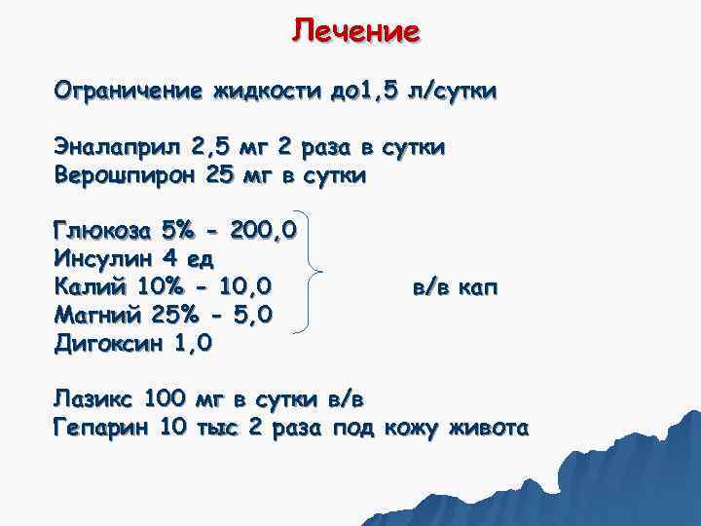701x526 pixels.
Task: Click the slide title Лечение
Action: coord(355,31)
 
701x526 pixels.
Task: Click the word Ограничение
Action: coord(122,93)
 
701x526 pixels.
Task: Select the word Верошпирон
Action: coord(124,176)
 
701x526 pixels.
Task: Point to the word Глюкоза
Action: coord(102,232)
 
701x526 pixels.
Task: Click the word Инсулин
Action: coord(99,260)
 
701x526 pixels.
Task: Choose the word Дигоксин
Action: coord(106,343)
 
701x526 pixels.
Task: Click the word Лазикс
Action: coord(93,398)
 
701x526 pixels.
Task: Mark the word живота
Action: coord(489,427)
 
